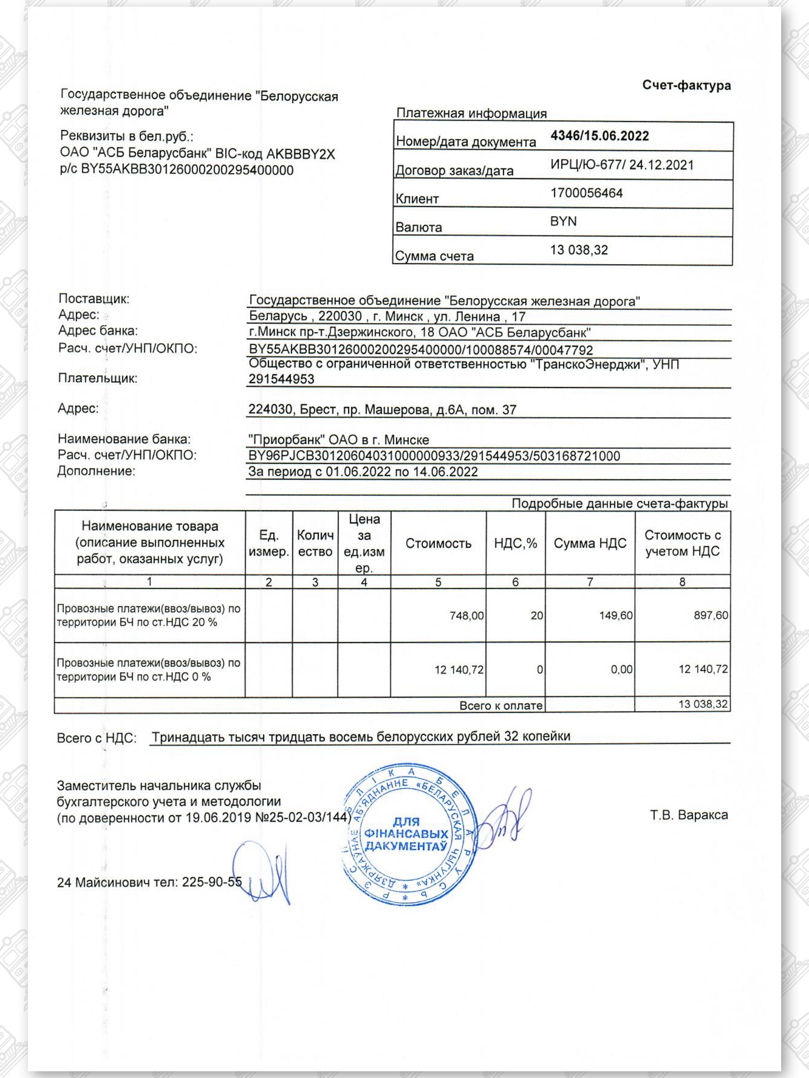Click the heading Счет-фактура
686,86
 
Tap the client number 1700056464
586,194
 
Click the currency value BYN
563,222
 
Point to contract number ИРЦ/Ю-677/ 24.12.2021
622,165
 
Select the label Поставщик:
93,299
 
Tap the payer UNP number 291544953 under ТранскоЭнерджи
281,379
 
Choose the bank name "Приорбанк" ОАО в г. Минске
338,440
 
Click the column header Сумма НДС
590,543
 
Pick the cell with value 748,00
466,616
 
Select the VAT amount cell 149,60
615,616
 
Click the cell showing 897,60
711,616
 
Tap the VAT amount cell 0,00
621,670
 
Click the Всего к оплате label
500,706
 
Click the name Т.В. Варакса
689,815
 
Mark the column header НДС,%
515,543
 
